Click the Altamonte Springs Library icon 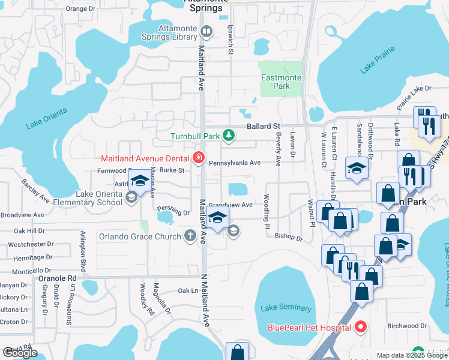pos(207,31)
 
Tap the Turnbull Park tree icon pos(228,136)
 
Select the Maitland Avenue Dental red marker pos(199,158)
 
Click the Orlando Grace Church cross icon pos(190,236)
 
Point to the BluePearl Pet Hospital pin pos(360,328)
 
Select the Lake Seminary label pos(286,308)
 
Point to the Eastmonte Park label pos(276,82)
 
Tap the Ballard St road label pos(264,127)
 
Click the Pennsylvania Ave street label pos(235,163)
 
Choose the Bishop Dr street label pos(289,238)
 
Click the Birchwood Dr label pos(407,326)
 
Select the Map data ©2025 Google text pos(411,356)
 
